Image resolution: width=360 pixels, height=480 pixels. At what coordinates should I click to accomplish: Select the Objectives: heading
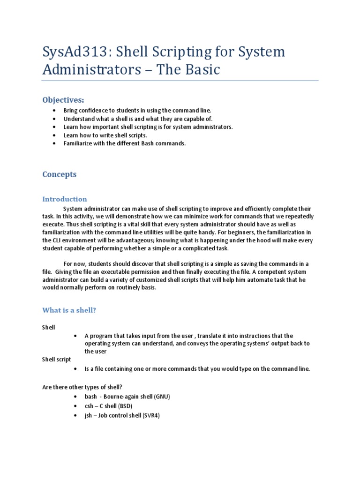pyautogui.click(x=63, y=100)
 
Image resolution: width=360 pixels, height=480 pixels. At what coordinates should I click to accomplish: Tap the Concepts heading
pyautogui.click(x=59, y=174)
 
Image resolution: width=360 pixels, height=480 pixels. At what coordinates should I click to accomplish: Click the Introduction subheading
pyautogui.click(x=65, y=199)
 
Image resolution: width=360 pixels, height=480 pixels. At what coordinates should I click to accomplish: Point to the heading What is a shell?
pyautogui.click(x=69, y=310)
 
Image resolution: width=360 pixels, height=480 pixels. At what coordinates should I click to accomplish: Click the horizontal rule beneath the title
pyautogui.click(x=180, y=81)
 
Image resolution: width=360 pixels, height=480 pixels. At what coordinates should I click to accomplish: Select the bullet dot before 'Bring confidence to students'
pyautogui.click(x=55, y=111)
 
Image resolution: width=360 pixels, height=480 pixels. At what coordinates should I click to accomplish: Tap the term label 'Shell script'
pyautogui.click(x=56, y=360)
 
